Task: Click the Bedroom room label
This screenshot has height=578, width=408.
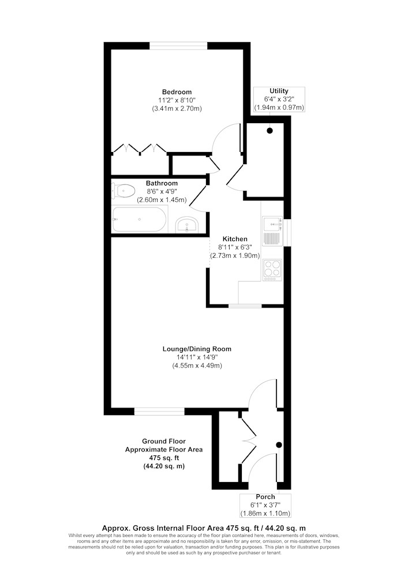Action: pyautogui.click(x=177, y=92)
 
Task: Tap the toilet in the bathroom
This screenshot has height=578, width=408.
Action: pyautogui.click(x=123, y=191)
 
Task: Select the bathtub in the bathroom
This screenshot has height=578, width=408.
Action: pyautogui.click(x=139, y=219)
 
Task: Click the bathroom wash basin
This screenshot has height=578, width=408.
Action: pyautogui.click(x=187, y=224)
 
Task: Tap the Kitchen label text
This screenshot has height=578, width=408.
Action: pyautogui.click(x=235, y=239)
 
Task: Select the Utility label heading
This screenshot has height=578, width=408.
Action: pyautogui.click(x=279, y=91)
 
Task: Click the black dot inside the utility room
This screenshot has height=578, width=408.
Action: pyautogui.click(x=270, y=131)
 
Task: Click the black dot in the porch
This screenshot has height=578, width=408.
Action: pyautogui.click(x=279, y=444)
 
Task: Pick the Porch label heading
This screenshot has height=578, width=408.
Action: pyautogui.click(x=265, y=497)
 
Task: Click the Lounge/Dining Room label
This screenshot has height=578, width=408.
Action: pyautogui.click(x=197, y=349)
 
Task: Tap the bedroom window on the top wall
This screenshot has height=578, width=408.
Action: pyautogui.click(x=178, y=46)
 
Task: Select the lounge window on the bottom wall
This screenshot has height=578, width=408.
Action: pyautogui.click(x=159, y=412)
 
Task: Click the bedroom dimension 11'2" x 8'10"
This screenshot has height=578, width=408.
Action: pyautogui.click(x=177, y=100)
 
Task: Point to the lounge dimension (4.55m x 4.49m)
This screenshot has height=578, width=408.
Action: pyautogui.click(x=197, y=366)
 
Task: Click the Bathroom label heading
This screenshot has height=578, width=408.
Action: pyautogui.click(x=162, y=183)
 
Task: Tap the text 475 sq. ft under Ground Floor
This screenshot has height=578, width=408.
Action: pyautogui.click(x=164, y=458)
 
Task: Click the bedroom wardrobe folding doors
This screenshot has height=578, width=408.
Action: pyautogui.click(x=140, y=148)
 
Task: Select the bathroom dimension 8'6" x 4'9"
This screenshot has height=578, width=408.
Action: pyautogui.click(x=162, y=191)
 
